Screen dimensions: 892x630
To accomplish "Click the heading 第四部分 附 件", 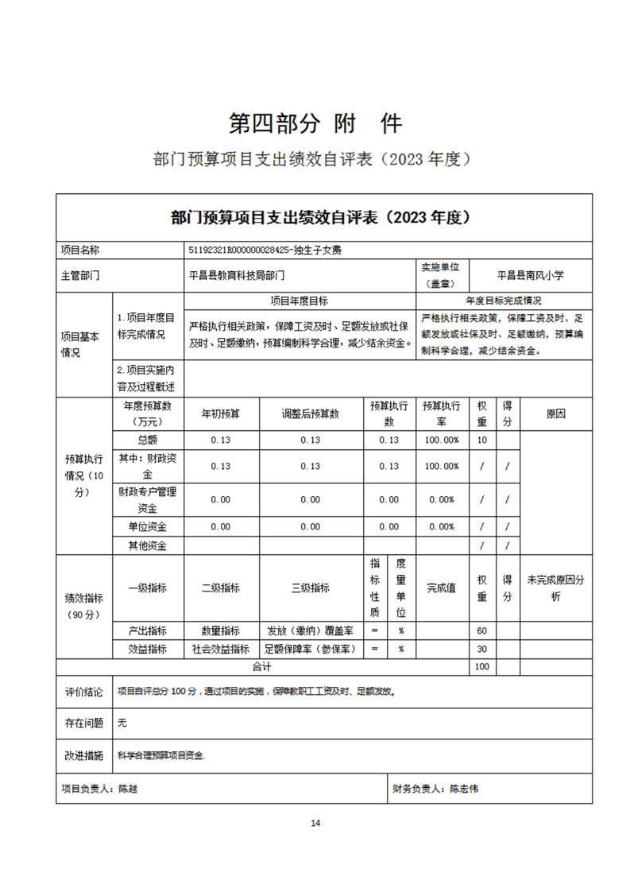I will click(x=315, y=123).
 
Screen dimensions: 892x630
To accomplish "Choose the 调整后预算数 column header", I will click(x=311, y=414).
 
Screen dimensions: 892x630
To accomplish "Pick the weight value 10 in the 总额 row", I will click(x=481, y=440).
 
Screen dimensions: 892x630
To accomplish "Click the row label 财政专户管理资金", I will click(x=147, y=499).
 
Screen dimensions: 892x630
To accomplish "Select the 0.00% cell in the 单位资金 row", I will click(x=442, y=526).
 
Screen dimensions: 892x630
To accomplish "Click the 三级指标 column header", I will click(x=311, y=588).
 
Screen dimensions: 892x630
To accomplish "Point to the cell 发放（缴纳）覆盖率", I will click(x=311, y=630).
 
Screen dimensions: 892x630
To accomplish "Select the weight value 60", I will click(x=481, y=630).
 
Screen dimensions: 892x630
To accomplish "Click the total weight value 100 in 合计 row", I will click(x=481, y=666).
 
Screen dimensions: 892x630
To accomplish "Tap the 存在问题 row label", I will click(x=83, y=723).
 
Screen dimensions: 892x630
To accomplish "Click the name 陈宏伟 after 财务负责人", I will click(x=464, y=789).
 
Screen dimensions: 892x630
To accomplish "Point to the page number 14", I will click(x=315, y=823).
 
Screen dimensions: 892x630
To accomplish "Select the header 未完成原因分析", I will click(x=555, y=588).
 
